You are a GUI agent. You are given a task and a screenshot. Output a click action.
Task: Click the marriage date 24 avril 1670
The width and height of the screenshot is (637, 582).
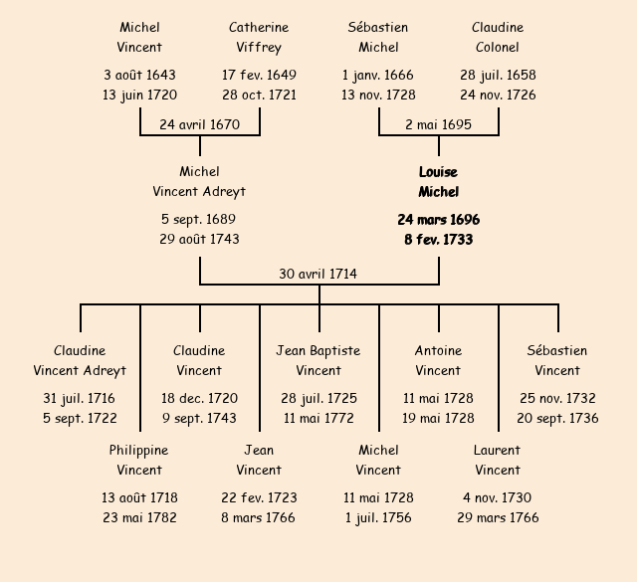(x=200, y=125)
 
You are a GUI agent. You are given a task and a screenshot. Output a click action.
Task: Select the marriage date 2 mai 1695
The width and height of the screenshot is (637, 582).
(x=438, y=125)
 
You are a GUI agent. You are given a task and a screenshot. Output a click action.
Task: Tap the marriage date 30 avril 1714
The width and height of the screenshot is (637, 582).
(x=318, y=274)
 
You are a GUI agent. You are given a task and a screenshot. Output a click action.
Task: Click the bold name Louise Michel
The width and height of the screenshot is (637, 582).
(x=438, y=182)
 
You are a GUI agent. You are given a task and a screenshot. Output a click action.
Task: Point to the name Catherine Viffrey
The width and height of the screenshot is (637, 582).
(x=259, y=38)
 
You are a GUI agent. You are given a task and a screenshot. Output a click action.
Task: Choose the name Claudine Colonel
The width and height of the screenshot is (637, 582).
(x=498, y=38)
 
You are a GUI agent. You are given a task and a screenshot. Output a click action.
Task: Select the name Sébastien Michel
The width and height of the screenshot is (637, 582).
(x=378, y=38)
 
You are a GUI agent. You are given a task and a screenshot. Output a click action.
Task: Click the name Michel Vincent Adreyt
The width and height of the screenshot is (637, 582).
(x=199, y=182)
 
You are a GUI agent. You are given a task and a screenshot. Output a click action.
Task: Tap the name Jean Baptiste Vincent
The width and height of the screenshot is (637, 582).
(x=318, y=361)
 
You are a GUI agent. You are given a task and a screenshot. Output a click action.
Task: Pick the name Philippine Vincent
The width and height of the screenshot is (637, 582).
(x=139, y=461)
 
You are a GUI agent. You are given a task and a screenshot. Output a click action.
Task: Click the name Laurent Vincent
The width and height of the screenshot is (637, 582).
(x=498, y=461)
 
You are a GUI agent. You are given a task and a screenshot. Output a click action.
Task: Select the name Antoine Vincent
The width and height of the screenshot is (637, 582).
(x=438, y=361)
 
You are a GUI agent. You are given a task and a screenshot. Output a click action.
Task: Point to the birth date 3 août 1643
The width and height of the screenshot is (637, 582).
(x=139, y=75)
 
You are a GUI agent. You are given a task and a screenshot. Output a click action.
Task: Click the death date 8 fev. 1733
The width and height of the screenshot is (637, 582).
(x=438, y=240)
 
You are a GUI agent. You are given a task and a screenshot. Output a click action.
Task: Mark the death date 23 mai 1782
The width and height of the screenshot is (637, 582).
(x=139, y=517)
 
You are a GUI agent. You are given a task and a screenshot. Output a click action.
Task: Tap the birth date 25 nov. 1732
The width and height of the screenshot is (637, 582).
(x=557, y=398)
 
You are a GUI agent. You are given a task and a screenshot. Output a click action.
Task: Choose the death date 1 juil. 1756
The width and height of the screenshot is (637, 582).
(x=378, y=517)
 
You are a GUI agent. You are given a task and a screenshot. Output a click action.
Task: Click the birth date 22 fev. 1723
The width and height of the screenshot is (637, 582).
(x=259, y=497)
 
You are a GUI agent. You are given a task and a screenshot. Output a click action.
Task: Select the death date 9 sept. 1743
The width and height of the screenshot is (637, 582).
(x=199, y=418)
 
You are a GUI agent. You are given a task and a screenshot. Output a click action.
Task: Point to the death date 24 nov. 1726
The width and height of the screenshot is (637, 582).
(x=498, y=96)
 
